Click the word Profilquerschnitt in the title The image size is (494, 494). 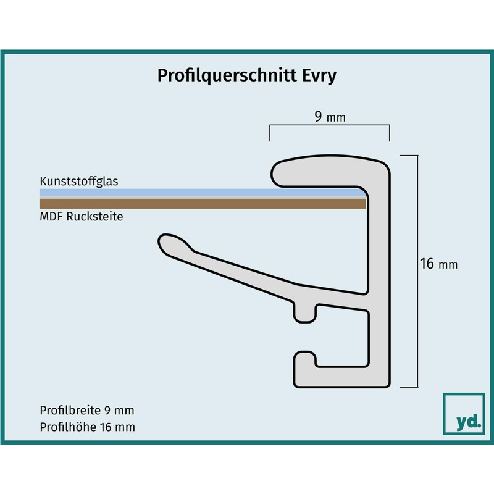pos(227,76)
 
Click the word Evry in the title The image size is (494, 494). pos(319,76)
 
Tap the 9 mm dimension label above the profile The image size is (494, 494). pos(330,117)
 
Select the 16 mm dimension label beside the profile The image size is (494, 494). pos(438,264)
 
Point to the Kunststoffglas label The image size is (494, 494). pos(79,181)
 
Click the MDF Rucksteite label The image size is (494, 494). pos(82,217)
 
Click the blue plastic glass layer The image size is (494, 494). pos(202,193)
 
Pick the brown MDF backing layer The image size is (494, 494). pos(203,204)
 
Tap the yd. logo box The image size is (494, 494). pos(464,414)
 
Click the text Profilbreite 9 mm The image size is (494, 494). pos(87,410)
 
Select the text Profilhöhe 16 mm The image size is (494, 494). pos(87,427)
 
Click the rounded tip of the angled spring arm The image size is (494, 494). pos(167,243)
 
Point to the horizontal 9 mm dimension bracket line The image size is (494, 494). pos(330,125)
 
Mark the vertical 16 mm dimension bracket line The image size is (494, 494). pos(417,271)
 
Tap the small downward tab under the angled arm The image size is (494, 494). pos(304,314)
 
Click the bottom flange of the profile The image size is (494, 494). pos(342,377)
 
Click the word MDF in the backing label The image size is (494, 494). pos(51,217)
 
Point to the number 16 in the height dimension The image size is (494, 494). pos(427,264)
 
